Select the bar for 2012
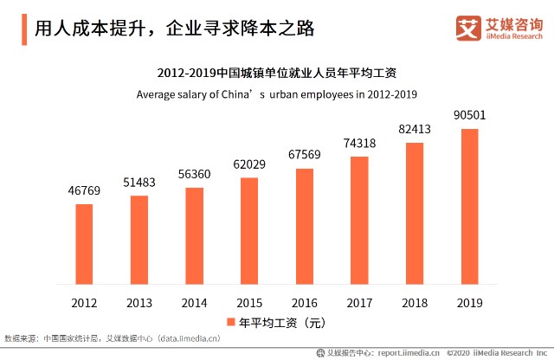pyautogui.click(x=84, y=243)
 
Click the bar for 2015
pyautogui.click(x=249, y=230)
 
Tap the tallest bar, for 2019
pyautogui.click(x=469, y=206)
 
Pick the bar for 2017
pyautogui.click(x=359, y=220)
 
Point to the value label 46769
pyautogui.click(x=84, y=191)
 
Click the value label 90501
pyautogui.click(x=469, y=116)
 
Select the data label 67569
pyautogui.click(x=304, y=156)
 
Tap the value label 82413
pyautogui.click(x=414, y=130)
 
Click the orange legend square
pyautogui.click(x=231, y=322)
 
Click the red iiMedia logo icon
pyautogui.click(x=467, y=28)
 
